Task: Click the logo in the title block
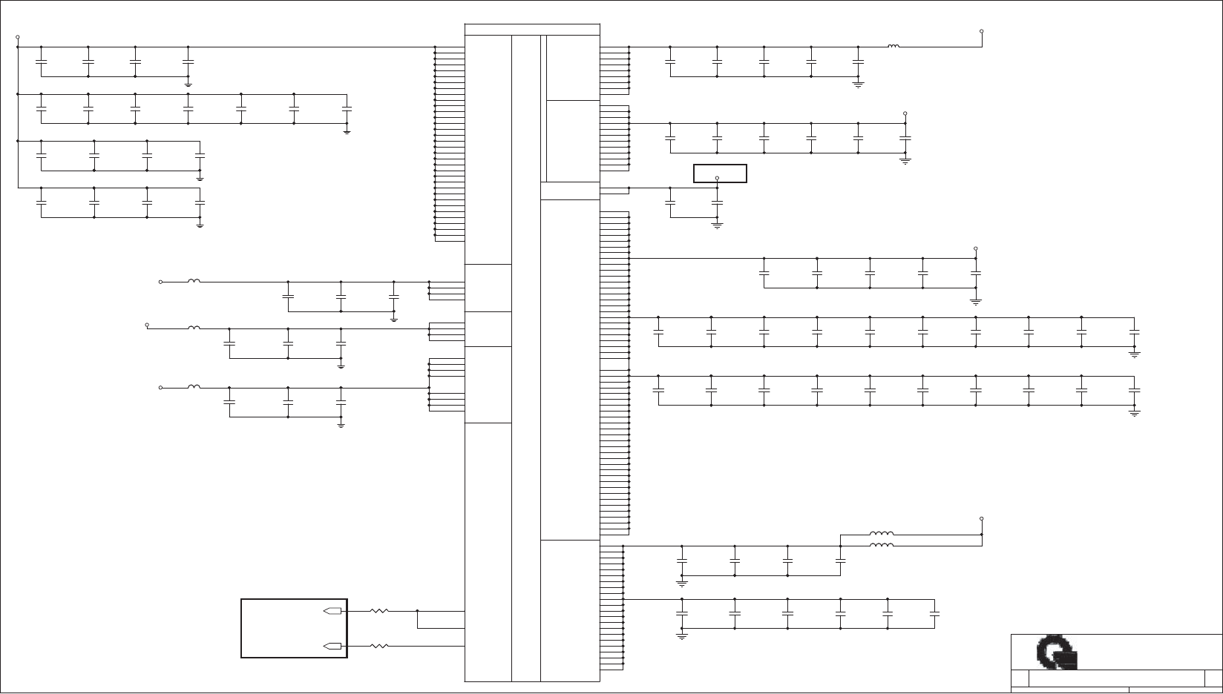[x=1057, y=652]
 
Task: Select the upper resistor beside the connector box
[x=379, y=611]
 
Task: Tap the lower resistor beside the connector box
[x=379, y=646]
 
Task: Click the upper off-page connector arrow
[x=333, y=611]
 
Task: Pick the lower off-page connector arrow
[x=333, y=646]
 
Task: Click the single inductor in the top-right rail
[x=894, y=47]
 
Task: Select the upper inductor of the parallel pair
[x=882, y=533]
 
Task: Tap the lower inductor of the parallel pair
[x=882, y=545]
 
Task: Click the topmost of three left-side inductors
[x=194, y=281]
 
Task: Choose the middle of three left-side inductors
[x=194, y=328]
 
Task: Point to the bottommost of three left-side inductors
[x=194, y=386]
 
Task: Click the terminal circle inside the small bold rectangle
[x=717, y=178]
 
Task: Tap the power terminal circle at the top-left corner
[x=18, y=36]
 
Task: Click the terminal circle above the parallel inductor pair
[x=981, y=518]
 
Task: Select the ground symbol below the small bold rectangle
[x=717, y=225]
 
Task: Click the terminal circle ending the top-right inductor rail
[x=982, y=32]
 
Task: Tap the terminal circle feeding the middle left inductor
[x=147, y=325]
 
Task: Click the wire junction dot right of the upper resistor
[x=418, y=611]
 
